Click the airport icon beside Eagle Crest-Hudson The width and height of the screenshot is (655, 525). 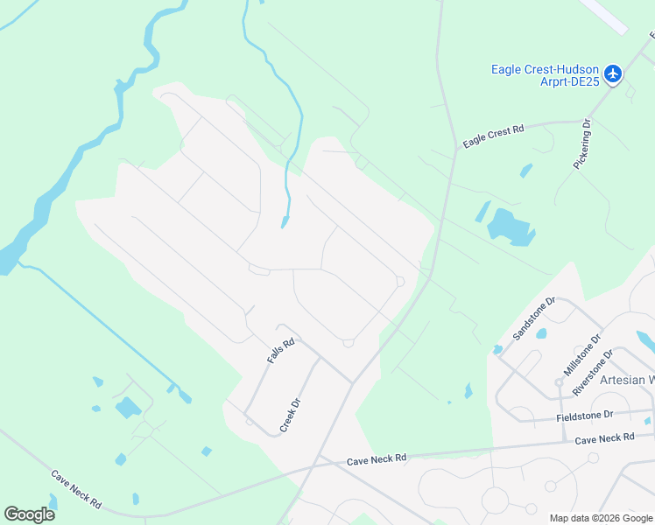tap(613, 73)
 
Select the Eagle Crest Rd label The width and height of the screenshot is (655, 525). tap(493, 137)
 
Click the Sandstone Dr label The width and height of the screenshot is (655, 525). tap(534, 317)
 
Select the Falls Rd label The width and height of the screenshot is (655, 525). tap(280, 352)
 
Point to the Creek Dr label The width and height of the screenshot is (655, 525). tap(291, 416)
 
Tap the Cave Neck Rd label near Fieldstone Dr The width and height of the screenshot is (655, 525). tap(603, 437)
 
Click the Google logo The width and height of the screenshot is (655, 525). tap(30, 514)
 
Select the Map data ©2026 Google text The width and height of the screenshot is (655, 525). tap(601, 518)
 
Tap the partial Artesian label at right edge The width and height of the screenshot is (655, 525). tap(627, 380)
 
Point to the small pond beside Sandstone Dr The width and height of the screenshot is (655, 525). tap(540, 333)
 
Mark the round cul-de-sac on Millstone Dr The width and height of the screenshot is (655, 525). tap(558, 382)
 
